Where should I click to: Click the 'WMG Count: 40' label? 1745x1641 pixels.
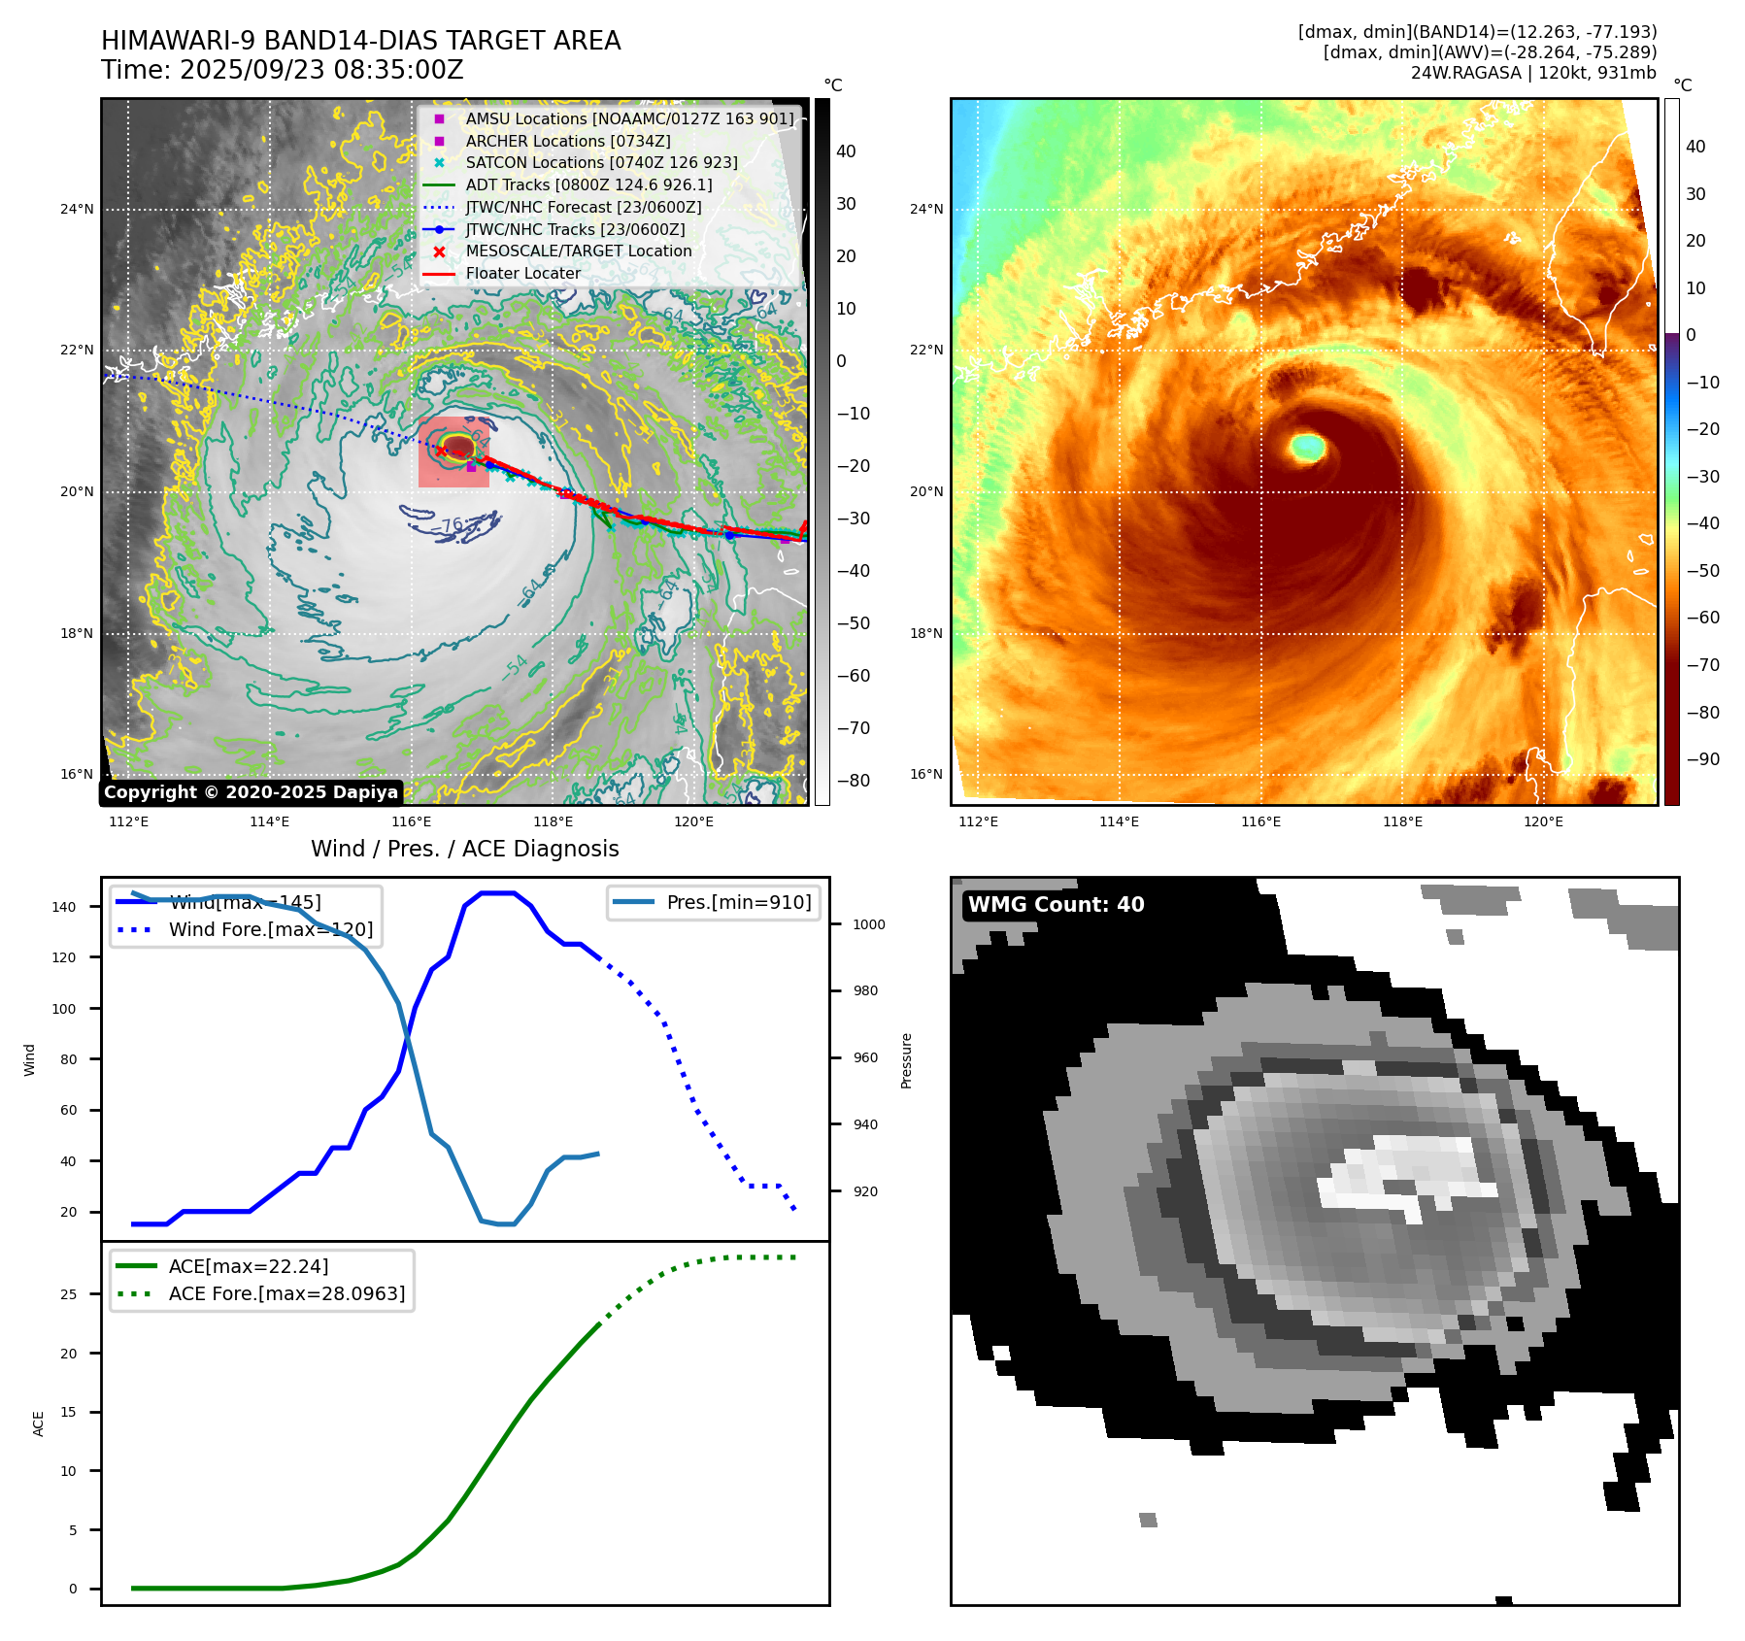point(1056,905)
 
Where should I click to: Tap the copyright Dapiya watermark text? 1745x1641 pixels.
point(251,792)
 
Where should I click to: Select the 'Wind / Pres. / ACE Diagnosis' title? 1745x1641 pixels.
point(464,849)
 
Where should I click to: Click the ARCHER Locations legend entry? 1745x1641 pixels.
point(567,141)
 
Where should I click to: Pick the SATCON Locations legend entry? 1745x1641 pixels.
point(601,163)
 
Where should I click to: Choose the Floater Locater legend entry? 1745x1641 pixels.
point(522,274)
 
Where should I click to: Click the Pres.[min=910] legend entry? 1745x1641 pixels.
point(738,902)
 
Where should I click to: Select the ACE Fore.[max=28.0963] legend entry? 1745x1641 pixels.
point(286,1293)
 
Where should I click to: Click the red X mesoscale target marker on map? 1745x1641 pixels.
point(441,452)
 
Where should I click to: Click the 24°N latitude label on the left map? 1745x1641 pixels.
point(77,209)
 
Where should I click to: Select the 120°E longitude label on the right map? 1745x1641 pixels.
point(1543,821)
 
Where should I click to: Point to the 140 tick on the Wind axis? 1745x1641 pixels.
point(64,907)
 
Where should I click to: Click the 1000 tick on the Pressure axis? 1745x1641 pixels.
point(868,924)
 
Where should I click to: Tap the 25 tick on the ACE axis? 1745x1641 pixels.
point(68,1294)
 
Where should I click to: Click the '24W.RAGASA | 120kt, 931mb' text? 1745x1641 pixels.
point(1533,73)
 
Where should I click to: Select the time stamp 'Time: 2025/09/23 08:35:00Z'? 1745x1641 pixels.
point(283,71)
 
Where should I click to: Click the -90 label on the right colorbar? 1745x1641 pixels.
point(1702,759)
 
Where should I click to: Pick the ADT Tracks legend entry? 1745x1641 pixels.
point(588,185)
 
